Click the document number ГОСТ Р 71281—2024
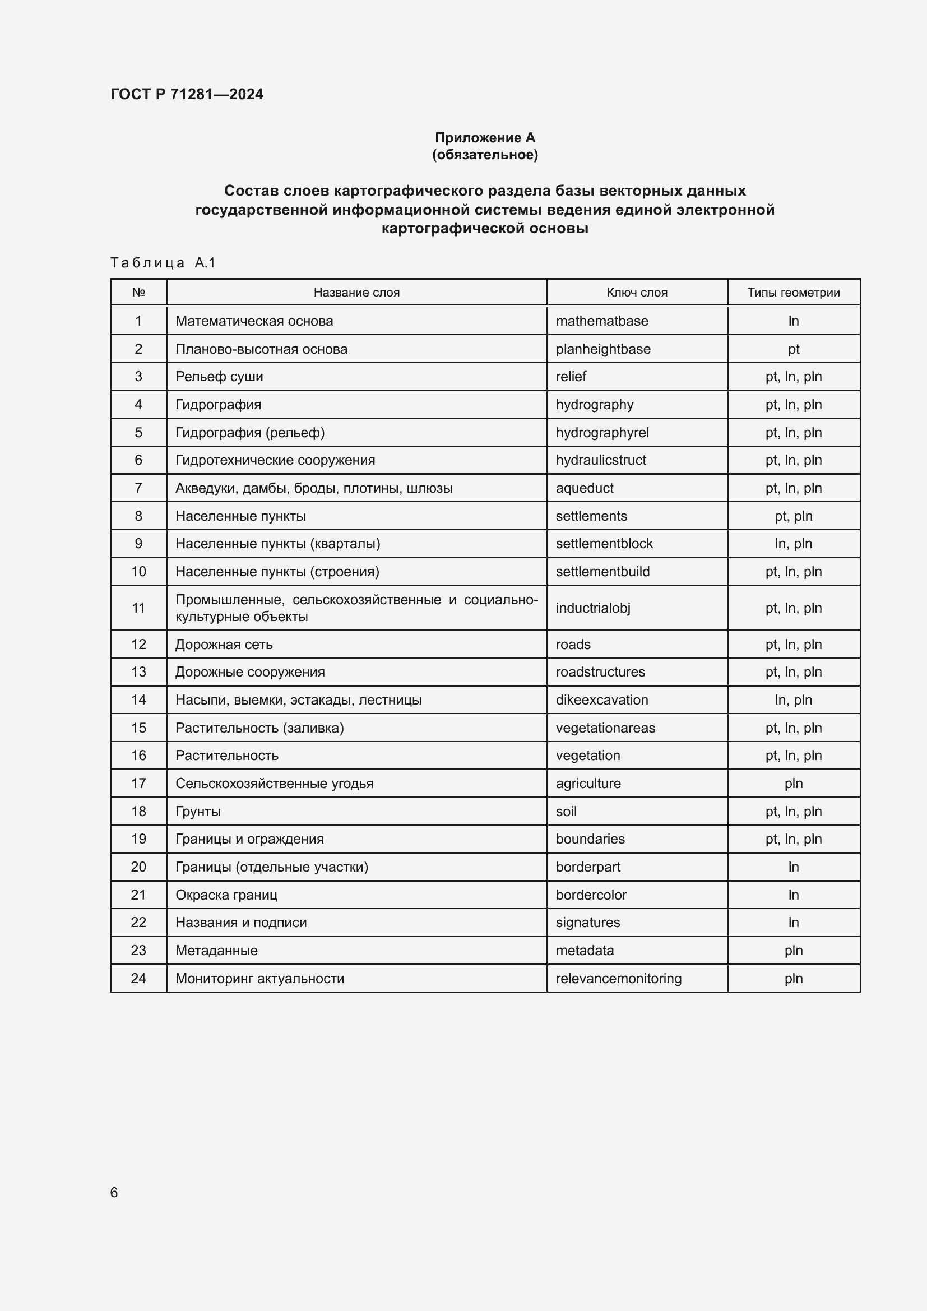click(187, 94)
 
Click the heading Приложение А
click(485, 138)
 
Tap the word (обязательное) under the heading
click(485, 155)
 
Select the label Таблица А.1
click(163, 263)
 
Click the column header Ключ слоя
click(637, 293)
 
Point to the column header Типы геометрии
click(793, 293)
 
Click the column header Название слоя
click(356, 293)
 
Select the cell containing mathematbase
click(601, 321)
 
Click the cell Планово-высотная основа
click(261, 349)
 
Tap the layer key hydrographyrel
click(602, 432)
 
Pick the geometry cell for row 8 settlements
click(793, 516)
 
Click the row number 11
click(138, 608)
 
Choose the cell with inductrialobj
click(592, 608)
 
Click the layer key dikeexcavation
click(601, 700)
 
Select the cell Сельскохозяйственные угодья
click(274, 784)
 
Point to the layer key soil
click(566, 812)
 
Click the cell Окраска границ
click(226, 895)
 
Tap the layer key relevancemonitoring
click(618, 978)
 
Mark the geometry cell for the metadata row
click(793, 950)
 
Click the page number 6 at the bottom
click(114, 1192)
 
